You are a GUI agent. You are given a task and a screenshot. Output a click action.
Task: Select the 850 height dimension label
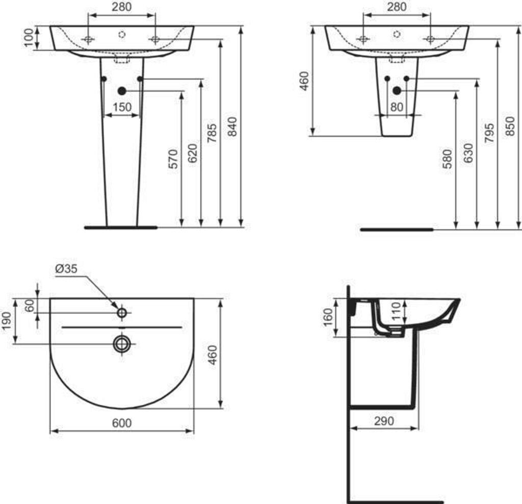510,126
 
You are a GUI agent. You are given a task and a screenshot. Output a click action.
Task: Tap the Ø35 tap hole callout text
66,268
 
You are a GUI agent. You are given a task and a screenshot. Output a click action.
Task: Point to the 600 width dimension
122,423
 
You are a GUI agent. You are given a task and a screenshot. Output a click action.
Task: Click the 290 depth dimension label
384,421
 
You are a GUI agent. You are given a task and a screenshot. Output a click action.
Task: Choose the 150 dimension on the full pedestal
122,107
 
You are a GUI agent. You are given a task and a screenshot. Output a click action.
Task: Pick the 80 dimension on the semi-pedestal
397,107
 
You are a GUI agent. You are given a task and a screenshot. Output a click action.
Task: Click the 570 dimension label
173,159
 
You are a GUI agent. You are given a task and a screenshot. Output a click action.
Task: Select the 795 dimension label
489,133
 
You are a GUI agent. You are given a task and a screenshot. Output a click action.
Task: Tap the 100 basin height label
29,38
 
